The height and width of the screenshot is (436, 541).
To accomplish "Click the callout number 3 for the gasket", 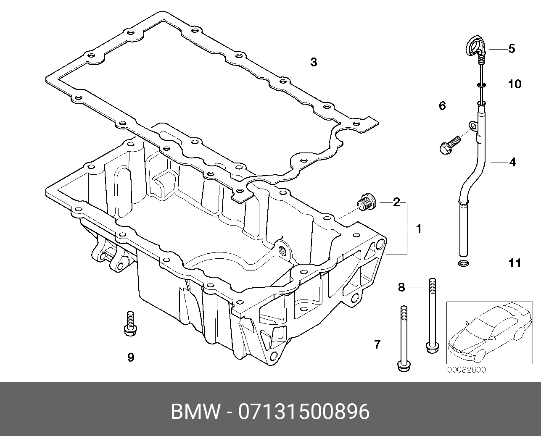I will pos(314,63).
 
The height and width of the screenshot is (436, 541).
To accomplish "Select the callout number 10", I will pos(514,84).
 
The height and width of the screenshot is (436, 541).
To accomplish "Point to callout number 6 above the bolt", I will pos(442,106).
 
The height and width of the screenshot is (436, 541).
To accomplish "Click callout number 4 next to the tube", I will pos(512,162).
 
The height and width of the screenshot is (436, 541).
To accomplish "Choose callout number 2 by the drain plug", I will pos(396,202).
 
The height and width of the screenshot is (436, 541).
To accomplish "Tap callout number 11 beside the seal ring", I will pos(515,263).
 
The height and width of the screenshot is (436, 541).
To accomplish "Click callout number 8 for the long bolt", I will pos(401,287).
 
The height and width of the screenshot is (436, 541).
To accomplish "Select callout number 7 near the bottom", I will pos(377,345).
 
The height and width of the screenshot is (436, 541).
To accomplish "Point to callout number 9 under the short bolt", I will pos(130,357).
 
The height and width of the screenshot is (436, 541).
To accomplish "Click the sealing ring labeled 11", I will pos(463,264).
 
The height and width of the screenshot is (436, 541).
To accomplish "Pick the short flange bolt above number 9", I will pos(129,323).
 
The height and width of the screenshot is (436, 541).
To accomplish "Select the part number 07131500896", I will pos(303,412).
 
